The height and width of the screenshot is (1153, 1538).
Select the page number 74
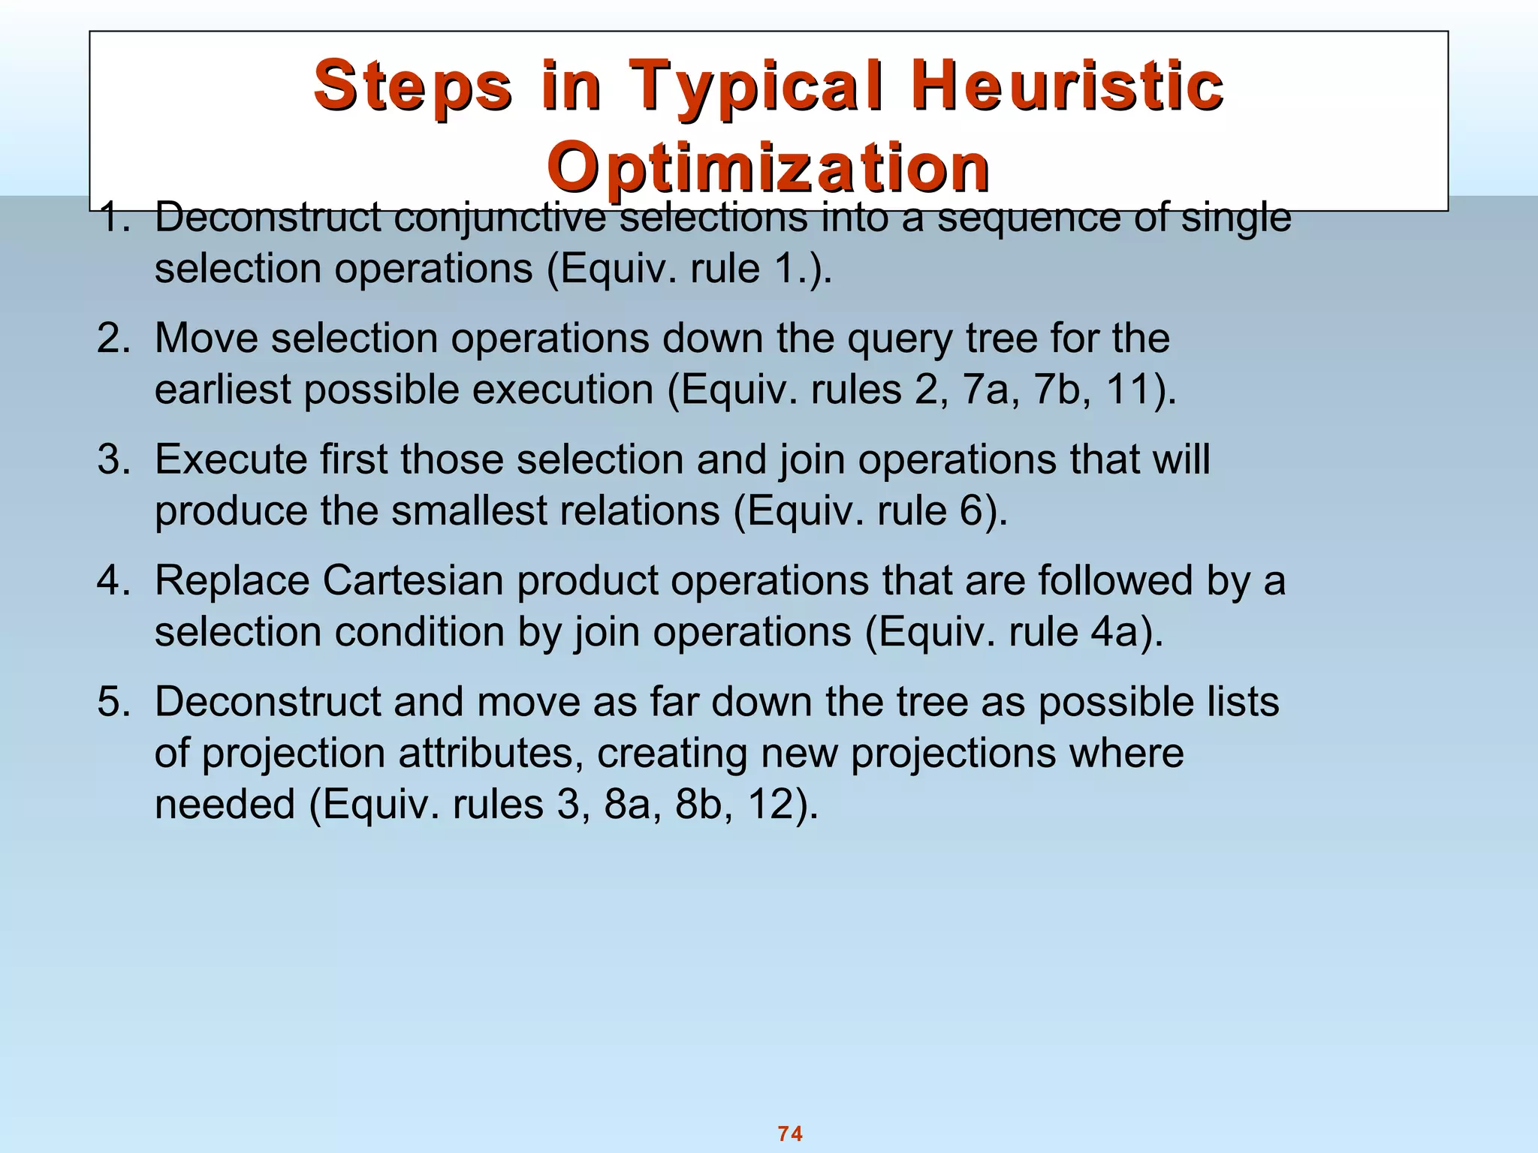click(790, 1133)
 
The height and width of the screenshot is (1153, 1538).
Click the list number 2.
click(113, 339)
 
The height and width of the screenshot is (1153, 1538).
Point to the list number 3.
click(113, 459)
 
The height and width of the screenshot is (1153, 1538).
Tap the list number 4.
click(113, 581)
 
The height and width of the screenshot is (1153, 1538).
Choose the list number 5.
click(113, 702)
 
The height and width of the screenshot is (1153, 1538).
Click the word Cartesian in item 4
click(412, 581)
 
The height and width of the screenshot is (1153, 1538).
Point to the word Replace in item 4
click(232, 581)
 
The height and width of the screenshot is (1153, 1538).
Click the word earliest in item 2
click(222, 390)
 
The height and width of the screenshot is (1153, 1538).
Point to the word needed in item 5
click(225, 805)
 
